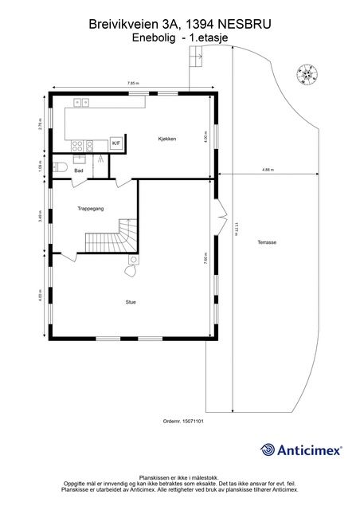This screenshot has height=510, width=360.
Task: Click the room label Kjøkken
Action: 166,139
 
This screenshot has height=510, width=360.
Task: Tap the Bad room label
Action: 79,171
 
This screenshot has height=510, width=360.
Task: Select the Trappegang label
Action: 91,208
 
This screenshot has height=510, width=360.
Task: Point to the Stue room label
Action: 131,301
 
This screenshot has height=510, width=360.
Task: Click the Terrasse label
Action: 267,242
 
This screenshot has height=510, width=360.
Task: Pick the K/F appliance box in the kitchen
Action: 116,143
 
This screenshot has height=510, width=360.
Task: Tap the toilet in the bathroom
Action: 59,167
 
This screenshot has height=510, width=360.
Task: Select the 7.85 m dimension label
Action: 133,84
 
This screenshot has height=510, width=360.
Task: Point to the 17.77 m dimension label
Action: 237,228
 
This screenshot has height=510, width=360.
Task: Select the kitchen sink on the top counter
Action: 80,102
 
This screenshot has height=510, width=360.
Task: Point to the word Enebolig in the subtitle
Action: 154,37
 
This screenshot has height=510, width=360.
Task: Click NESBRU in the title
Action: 244,25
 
